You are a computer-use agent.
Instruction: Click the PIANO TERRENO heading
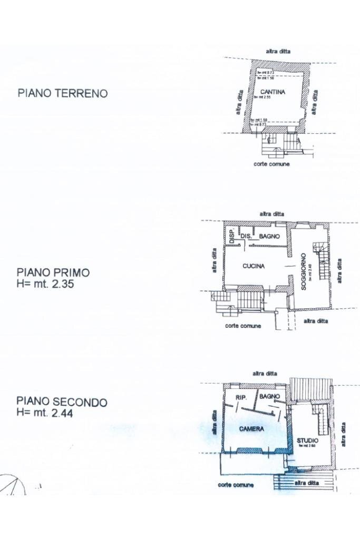[63, 93]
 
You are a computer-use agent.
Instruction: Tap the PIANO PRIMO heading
[53, 272]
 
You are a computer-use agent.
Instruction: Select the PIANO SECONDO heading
[62, 402]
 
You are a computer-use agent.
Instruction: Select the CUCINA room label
[254, 266]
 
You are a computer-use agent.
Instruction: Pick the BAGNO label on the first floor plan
[269, 237]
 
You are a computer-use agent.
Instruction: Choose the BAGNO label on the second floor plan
[269, 396]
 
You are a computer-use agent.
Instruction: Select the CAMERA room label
[251, 429]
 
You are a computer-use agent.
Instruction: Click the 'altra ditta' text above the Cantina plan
[278, 51]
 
